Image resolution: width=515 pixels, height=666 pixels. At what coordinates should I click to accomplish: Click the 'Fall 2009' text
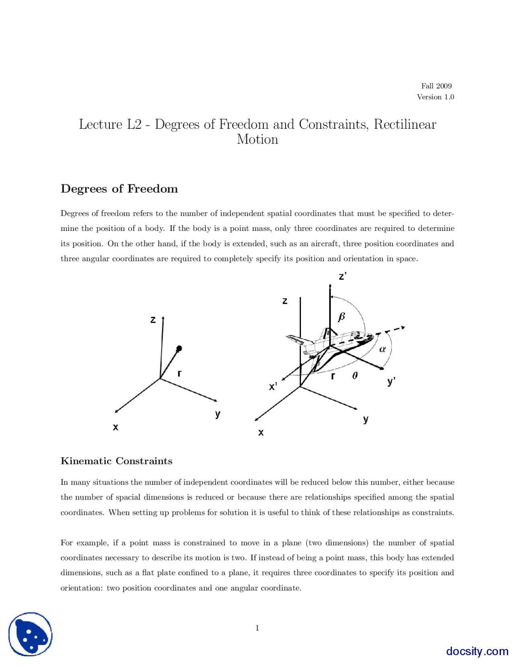click(436, 86)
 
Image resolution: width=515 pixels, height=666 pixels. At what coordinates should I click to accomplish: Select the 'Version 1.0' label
click(435, 97)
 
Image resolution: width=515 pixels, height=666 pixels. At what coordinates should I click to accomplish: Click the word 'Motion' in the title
click(257, 139)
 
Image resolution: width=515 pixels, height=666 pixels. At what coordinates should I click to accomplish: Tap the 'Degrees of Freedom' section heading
click(119, 189)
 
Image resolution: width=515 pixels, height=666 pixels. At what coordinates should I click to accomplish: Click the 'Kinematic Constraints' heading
click(116, 461)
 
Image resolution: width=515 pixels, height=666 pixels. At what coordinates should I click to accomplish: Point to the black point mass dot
click(179, 348)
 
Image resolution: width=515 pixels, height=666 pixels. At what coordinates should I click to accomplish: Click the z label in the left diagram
click(153, 320)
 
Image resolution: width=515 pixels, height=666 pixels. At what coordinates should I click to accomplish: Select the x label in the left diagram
click(115, 427)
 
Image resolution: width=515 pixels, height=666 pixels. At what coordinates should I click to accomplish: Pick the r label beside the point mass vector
click(179, 373)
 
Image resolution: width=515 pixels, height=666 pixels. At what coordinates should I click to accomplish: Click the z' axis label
click(343, 276)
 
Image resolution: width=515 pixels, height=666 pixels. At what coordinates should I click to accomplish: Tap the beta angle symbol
click(342, 317)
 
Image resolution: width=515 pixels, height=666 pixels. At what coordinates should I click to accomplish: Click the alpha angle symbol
click(383, 349)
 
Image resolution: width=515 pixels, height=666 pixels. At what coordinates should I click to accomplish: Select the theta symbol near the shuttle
click(355, 376)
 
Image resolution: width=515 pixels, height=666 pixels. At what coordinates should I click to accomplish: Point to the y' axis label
click(391, 381)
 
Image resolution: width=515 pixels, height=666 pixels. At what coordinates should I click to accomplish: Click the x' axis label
click(273, 387)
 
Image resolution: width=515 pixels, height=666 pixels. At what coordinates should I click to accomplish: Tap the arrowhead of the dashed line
click(402, 328)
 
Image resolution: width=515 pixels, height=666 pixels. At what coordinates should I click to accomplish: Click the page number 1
click(257, 628)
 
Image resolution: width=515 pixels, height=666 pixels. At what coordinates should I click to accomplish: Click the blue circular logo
click(31, 634)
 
